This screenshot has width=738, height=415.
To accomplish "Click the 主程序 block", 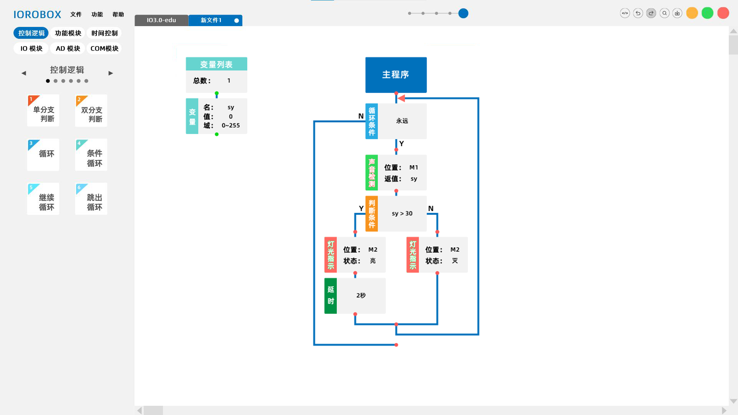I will pos(396,75).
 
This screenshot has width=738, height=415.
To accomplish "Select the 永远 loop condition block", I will pos(402,121).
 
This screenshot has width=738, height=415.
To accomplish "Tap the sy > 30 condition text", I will pos(402,214).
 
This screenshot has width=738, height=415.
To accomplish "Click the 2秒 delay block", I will pos(361,295).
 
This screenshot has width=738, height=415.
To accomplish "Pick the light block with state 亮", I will pos(361,255).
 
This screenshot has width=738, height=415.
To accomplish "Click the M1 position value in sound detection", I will pos(414,168).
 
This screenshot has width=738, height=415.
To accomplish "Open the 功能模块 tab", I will pos(68,33).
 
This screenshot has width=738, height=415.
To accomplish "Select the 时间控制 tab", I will pos(104,33).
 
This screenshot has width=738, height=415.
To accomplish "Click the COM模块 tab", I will pos(104,48).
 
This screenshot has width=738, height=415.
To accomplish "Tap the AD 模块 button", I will pos(68,48).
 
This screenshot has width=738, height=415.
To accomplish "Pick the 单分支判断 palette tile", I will pos(43,111).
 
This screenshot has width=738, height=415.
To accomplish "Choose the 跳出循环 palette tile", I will pos(91,199).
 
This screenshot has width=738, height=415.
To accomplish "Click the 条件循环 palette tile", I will pos(91,155).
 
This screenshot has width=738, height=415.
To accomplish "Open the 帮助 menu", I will pos(118,15).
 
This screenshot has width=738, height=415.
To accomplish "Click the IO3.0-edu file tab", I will pos(161,20).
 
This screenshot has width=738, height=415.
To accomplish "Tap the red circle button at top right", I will pos(723,13).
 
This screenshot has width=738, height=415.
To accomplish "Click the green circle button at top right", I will pos(707,13).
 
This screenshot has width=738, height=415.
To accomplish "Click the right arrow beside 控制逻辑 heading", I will pos(111,73).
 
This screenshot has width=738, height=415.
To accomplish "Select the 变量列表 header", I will pos(216,64).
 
